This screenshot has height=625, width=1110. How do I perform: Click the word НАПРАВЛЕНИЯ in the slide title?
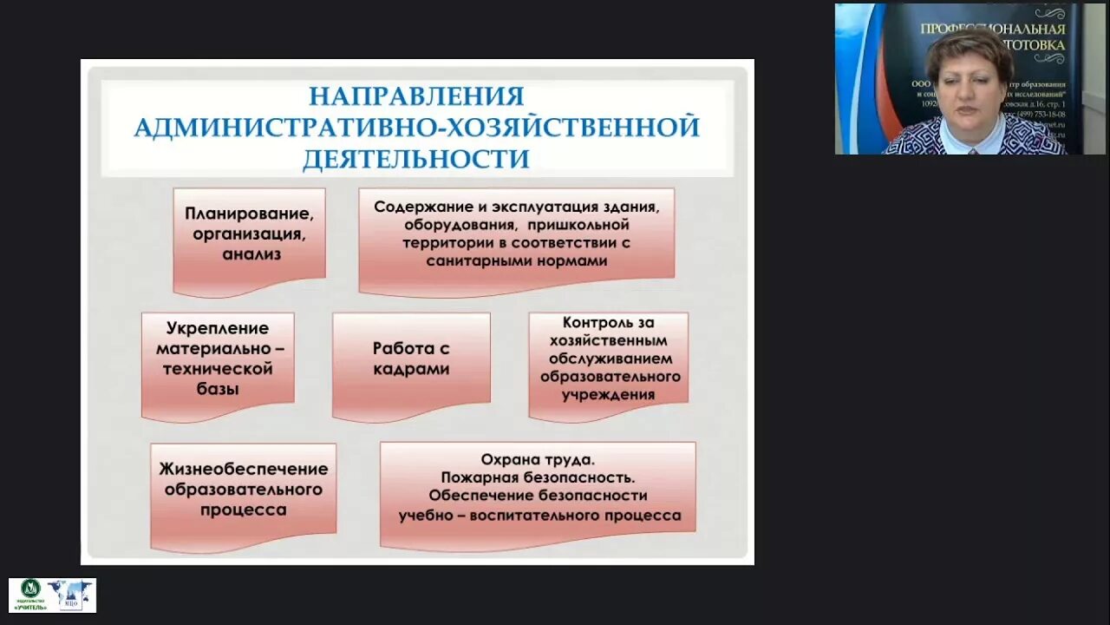tap(416, 95)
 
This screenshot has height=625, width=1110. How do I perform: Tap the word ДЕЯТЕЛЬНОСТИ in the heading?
tap(416, 159)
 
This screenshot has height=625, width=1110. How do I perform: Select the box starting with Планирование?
tap(249, 240)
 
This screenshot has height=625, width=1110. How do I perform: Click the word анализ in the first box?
tap(251, 254)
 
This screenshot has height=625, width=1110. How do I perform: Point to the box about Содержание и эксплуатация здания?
tap(516, 239)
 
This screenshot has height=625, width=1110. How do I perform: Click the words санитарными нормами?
tap(517, 260)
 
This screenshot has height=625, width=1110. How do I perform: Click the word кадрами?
tap(411, 369)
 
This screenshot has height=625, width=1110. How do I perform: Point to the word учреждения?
tap(609, 395)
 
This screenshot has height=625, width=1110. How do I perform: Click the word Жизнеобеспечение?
tap(243, 469)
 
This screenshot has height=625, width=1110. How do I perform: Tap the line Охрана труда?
tap(538, 459)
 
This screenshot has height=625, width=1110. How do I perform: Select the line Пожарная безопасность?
tap(538, 477)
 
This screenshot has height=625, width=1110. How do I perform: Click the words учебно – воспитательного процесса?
tap(539, 515)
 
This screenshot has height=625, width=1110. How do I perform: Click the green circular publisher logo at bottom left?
tap(30, 589)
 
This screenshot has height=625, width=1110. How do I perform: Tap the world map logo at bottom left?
tap(70, 594)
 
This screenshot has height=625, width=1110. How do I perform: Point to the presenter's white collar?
tap(970, 139)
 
